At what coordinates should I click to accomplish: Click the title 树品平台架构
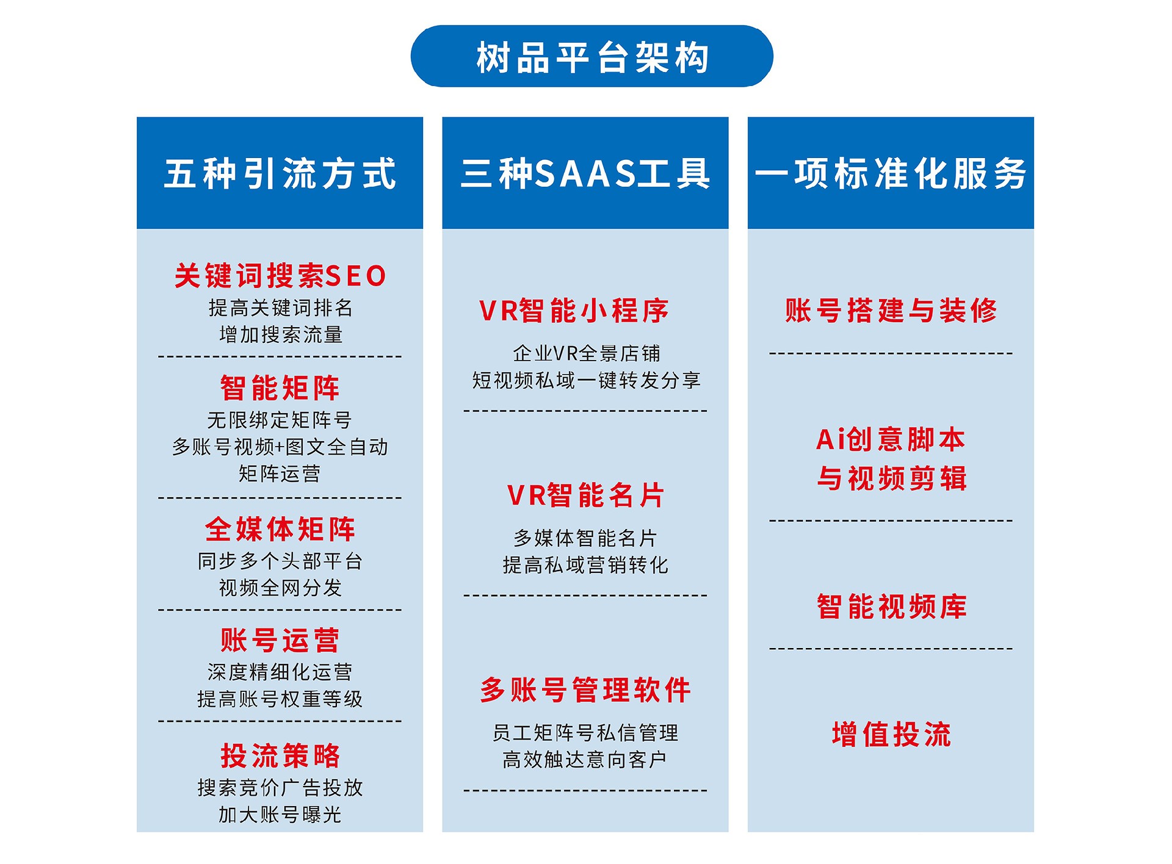click(x=592, y=57)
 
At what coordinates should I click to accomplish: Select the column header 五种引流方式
click(x=280, y=173)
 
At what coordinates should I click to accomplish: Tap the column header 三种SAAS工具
click(x=585, y=173)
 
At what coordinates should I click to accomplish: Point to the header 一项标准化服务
click(x=891, y=173)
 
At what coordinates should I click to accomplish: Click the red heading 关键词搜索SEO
click(x=280, y=276)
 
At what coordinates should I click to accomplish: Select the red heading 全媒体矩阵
click(x=280, y=529)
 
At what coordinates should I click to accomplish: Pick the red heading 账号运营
click(x=280, y=640)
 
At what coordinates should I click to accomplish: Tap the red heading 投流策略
click(x=280, y=755)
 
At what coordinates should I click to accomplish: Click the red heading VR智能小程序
click(x=574, y=311)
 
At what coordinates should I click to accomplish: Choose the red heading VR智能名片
click(x=585, y=495)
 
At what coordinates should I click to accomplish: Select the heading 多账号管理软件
click(x=585, y=690)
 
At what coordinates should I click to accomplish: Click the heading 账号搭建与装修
click(x=891, y=311)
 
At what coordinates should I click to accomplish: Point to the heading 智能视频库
click(x=892, y=607)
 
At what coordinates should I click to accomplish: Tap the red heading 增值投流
click(x=892, y=734)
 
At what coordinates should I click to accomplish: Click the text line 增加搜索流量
click(x=281, y=334)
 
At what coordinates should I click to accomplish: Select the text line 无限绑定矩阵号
click(x=280, y=420)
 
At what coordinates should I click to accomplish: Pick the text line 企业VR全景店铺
click(x=586, y=353)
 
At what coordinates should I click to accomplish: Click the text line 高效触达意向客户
click(x=585, y=760)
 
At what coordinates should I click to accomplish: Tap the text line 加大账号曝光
click(x=280, y=815)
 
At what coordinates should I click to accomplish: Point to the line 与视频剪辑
click(x=892, y=478)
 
